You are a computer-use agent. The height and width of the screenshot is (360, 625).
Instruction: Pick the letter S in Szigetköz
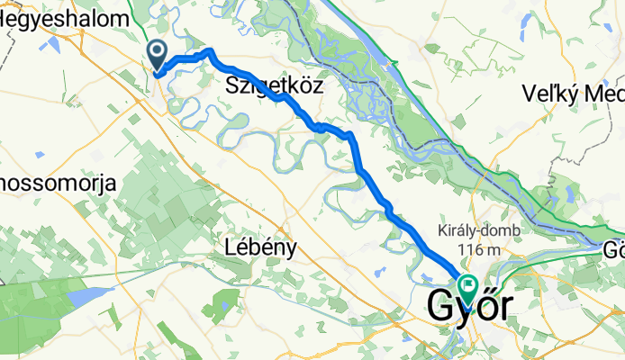(232, 86)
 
